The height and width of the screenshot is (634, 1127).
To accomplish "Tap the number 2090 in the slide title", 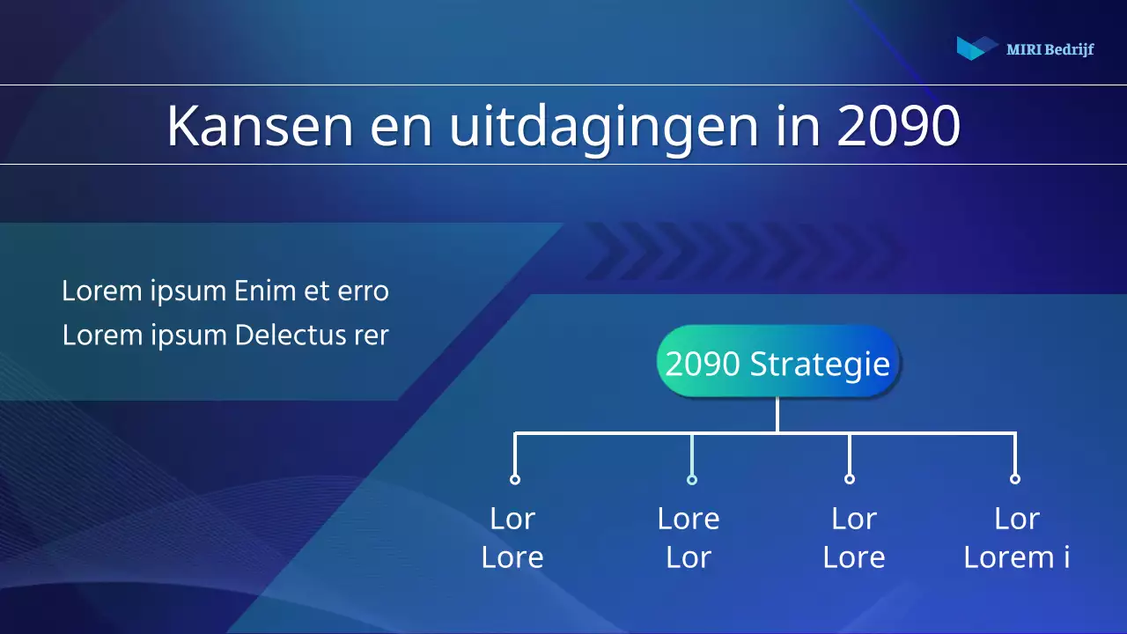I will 897,126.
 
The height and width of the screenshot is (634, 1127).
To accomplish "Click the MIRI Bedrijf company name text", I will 1050,49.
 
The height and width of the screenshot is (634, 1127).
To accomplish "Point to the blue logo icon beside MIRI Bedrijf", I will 976,48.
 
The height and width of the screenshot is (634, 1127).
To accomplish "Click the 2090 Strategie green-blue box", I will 777,362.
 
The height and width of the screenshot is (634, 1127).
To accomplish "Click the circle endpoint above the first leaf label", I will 515,479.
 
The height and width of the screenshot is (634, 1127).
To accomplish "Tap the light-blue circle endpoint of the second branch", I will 692,479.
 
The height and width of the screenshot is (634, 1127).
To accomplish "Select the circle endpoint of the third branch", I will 849,479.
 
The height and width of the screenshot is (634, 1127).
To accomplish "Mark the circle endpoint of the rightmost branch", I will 1015,479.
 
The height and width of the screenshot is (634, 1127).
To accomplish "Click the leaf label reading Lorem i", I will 1017,557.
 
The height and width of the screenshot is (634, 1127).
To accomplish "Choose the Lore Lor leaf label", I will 689,537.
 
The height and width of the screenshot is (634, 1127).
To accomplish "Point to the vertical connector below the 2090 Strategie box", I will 777,415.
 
